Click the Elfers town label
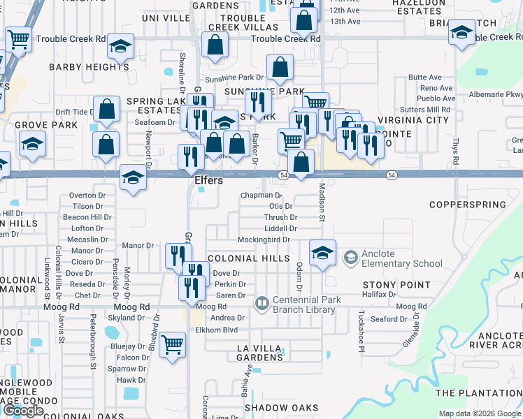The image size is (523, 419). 208,180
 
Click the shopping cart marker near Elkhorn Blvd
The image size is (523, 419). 172,344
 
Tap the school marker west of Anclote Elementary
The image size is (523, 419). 322,252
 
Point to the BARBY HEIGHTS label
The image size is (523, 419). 89,68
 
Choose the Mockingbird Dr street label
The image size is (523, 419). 263,240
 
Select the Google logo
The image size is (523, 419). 23,411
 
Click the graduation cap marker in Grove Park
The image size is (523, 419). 32,144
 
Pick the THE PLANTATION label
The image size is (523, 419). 478,393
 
